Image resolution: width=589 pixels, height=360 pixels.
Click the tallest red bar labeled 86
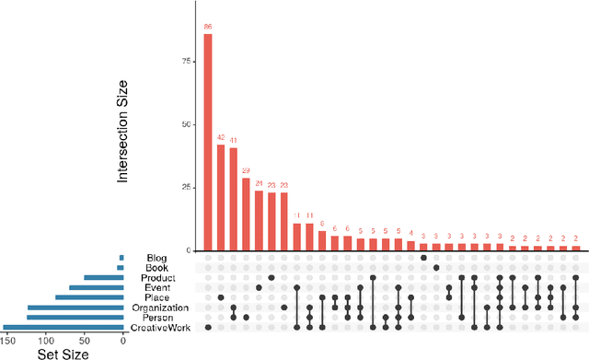pos(208,142)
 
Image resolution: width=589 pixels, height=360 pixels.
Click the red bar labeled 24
pos(259,220)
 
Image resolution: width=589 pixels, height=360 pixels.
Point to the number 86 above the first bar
pos(208,28)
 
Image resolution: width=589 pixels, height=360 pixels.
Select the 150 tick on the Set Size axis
pos(7,339)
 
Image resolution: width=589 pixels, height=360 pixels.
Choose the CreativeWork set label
pos(159,328)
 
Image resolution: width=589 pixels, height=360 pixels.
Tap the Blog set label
pos(158,258)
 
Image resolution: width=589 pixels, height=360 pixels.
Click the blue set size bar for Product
pos(103,277)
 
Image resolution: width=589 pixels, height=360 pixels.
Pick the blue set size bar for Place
pos(89,297)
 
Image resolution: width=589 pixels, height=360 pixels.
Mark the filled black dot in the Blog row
pos(423,258)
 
